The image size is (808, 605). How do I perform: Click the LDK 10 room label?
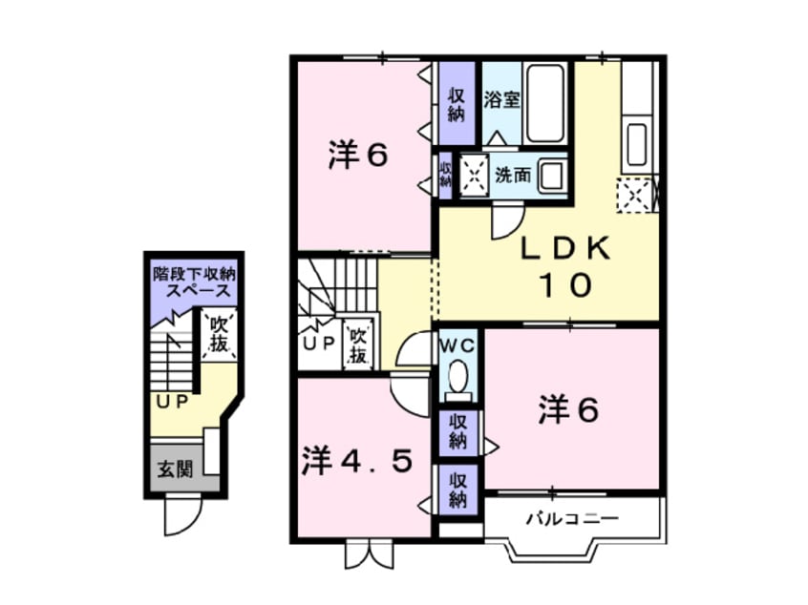(x=565, y=266)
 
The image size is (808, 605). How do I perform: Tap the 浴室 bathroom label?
(x=501, y=100)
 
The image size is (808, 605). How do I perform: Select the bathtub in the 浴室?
(x=545, y=103)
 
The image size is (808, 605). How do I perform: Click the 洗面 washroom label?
(x=513, y=176)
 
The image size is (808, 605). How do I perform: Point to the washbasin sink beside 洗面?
(x=551, y=175)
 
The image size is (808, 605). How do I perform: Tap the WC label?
(x=457, y=345)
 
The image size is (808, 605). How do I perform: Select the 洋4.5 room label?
(x=357, y=461)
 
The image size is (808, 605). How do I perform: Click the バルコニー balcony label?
(x=572, y=518)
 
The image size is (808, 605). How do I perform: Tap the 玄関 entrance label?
(x=175, y=469)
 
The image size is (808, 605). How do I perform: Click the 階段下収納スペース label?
(x=194, y=282)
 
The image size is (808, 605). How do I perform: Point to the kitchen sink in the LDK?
(x=637, y=145)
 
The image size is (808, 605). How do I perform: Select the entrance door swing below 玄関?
(x=182, y=516)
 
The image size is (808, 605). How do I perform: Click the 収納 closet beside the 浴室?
(x=457, y=103)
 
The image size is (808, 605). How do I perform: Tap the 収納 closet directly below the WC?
(x=457, y=432)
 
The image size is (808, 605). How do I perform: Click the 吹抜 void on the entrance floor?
(x=219, y=335)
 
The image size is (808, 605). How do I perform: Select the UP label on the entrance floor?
(x=173, y=402)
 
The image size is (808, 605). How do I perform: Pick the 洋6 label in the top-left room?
(x=358, y=155)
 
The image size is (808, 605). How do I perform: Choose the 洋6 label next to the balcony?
(x=568, y=410)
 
